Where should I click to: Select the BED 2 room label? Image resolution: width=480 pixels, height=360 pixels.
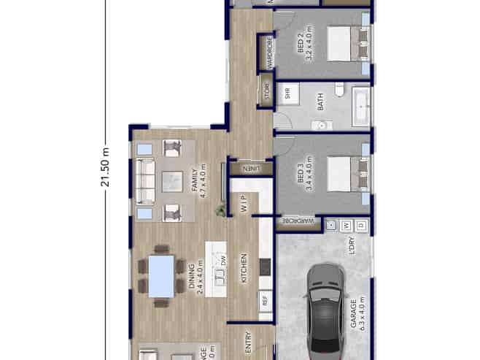pos(303,48)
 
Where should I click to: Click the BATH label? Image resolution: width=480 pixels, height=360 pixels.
pos(321,103)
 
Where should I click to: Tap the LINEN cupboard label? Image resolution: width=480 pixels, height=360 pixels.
pos(251,169)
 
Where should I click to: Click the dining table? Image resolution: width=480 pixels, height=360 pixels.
pos(161,276)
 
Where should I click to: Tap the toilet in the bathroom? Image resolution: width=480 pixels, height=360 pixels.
pos(339,90)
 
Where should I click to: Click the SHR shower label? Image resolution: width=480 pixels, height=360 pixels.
pos(287,93)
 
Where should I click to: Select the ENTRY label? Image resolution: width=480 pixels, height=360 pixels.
pos(249,342)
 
